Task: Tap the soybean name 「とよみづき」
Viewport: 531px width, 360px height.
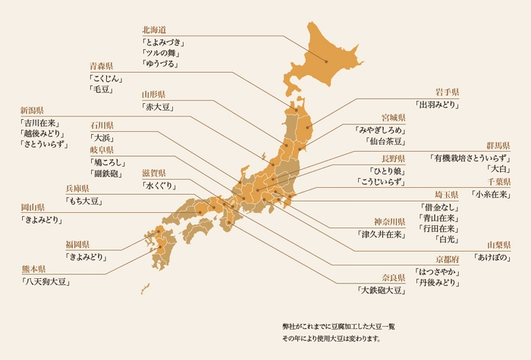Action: (x=164, y=42)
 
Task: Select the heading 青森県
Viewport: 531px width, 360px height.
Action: (x=102, y=66)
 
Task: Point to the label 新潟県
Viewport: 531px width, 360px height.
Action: (x=32, y=111)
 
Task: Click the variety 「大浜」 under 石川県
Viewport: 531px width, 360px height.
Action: (x=102, y=138)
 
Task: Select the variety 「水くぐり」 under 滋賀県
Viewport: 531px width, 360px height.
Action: (x=159, y=186)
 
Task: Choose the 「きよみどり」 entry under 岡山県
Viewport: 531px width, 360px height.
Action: (x=42, y=220)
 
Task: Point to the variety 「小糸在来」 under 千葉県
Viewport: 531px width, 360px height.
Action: (x=491, y=194)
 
